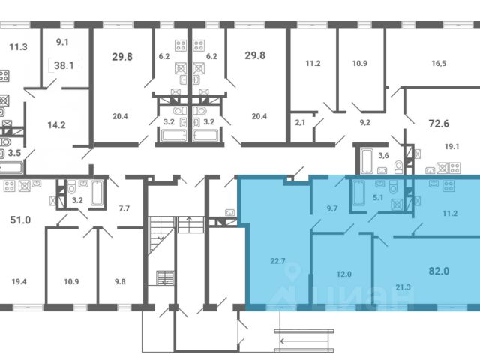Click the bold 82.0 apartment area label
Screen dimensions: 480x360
point(439,271)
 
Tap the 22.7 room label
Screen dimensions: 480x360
point(277,261)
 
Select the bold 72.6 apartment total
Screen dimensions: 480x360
point(439,124)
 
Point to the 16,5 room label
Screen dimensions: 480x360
point(439,63)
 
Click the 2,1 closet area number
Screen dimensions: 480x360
point(300,123)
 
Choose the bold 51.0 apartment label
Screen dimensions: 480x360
point(20,220)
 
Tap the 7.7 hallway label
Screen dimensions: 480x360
point(124,208)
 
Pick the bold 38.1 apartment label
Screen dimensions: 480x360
point(64,65)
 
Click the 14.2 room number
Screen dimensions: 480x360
point(57,125)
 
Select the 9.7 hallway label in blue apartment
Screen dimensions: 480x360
point(331,208)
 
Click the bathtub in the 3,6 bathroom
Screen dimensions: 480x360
point(367,161)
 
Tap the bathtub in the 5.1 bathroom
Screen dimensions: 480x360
point(358,193)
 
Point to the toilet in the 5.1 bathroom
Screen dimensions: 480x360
point(393,187)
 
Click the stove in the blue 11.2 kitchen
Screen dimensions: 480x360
point(448,186)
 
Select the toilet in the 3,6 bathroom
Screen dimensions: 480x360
point(399,166)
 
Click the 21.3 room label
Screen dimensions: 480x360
point(403,287)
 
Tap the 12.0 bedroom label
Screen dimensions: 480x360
point(343,274)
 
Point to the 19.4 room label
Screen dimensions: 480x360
point(19,282)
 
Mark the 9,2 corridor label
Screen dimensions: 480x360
point(365,123)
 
